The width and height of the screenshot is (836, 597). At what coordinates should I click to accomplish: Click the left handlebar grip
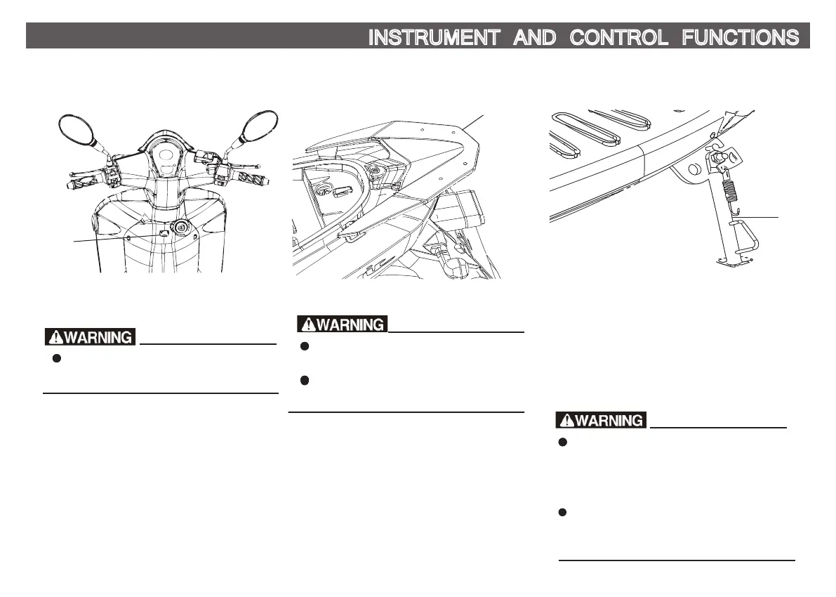[x=77, y=185]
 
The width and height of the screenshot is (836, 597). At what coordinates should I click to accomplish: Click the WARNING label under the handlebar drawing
[x=89, y=337]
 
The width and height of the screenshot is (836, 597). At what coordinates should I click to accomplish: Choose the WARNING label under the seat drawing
[x=342, y=324]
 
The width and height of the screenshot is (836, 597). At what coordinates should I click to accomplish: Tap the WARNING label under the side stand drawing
[x=600, y=421]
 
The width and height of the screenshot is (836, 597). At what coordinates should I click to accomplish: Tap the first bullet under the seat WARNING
[x=305, y=346]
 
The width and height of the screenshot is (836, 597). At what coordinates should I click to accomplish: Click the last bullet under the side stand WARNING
[x=562, y=513]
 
